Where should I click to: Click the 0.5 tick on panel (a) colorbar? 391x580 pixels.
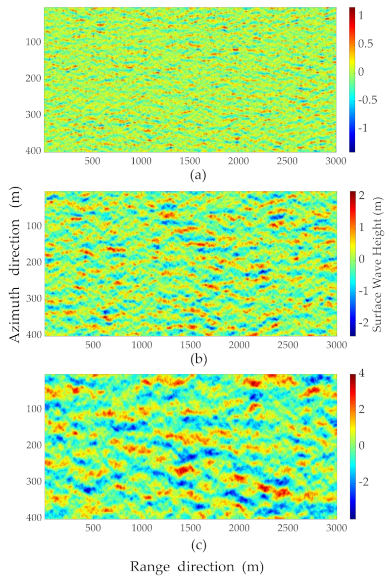(366, 44)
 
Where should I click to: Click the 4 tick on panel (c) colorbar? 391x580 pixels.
(362, 373)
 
